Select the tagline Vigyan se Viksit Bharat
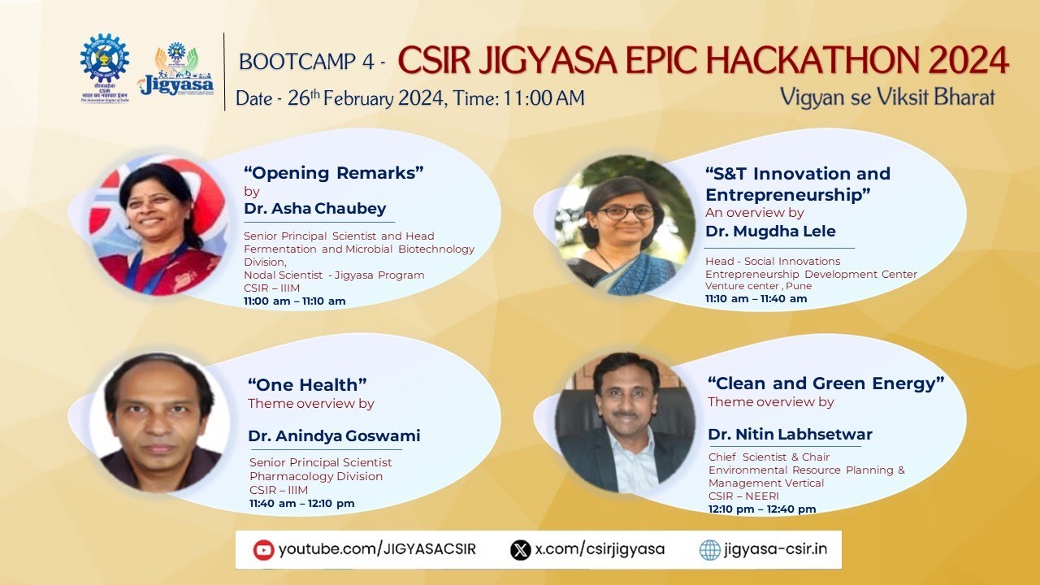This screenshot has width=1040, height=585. [x=887, y=97]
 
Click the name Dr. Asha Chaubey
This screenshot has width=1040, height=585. [x=315, y=209]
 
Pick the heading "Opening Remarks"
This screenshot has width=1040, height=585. [x=334, y=172]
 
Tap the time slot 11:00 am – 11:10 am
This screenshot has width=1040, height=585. [x=295, y=301]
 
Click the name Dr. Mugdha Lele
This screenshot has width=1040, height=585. [x=770, y=232]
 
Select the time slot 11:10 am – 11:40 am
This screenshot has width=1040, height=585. [x=756, y=298]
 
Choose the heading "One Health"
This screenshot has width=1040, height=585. [x=307, y=384]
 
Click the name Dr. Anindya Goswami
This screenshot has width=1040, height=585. [x=334, y=436]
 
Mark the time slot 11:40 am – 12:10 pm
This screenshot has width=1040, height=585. [x=302, y=504]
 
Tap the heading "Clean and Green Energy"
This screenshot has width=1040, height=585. [x=825, y=383]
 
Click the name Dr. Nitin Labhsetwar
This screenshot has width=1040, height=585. [x=790, y=435]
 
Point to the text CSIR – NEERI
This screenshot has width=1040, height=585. [x=743, y=496]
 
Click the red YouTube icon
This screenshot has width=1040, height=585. [x=263, y=550]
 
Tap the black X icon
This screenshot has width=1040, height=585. [x=520, y=550]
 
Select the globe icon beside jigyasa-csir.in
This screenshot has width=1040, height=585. [x=710, y=550]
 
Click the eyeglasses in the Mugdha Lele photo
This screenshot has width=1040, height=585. [x=626, y=212]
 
